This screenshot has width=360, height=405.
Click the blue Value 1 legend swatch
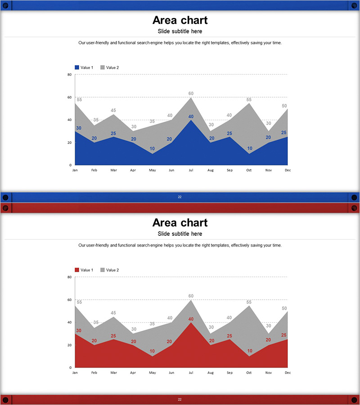tap(77, 67)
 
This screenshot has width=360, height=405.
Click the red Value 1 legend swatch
tap(77, 270)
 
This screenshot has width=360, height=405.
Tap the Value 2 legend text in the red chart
tap(112, 270)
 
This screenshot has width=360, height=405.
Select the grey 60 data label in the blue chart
tap(191, 94)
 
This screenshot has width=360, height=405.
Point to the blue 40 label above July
tap(191, 117)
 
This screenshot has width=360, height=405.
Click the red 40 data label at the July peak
tap(191, 319)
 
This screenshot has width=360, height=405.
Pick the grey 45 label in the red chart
tap(113, 313)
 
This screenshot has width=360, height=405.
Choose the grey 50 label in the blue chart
tap(284, 106)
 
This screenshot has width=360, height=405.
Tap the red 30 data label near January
tap(79, 331)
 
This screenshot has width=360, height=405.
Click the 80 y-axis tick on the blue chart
tap(70, 75)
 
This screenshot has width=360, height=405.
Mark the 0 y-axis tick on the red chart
tap(71, 368)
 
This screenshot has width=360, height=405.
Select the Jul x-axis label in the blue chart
tap(191, 170)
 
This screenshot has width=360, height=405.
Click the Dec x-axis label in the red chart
tap(288, 373)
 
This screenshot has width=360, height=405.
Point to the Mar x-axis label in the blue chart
tap(113, 170)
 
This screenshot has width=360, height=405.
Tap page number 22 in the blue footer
tap(180, 197)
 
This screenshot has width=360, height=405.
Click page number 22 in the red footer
tap(180, 399)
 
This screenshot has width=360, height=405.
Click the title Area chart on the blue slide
tap(180, 20)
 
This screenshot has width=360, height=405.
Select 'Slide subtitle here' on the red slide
tap(180, 234)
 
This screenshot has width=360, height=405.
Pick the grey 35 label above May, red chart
tap(152, 324)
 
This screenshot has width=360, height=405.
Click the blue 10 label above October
tap(249, 148)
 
